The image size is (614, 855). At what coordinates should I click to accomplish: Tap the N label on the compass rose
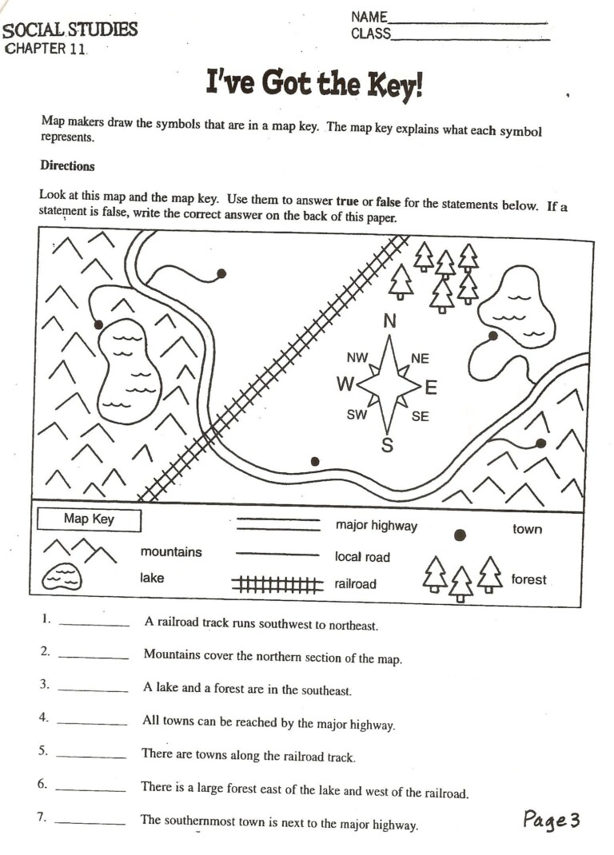tap(389, 321)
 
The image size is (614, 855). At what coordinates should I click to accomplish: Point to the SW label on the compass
tap(357, 415)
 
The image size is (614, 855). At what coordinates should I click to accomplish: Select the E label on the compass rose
tap(431, 388)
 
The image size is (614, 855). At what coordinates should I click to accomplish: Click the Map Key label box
tap(89, 519)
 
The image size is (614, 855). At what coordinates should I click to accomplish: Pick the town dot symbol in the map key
tap(460, 535)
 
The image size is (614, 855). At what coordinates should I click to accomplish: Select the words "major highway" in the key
tap(376, 526)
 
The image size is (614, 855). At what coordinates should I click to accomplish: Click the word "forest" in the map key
tap(528, 579)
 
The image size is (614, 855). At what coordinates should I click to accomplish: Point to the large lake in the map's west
tap(129, 370)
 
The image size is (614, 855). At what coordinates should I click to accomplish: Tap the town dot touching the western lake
tap(98, 324)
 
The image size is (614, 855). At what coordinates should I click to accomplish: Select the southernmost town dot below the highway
tap(315, 461)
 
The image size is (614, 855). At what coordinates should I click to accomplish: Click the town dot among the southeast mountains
tap(541, 443)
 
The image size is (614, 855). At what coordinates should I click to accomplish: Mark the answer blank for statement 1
tap(94, 626)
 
